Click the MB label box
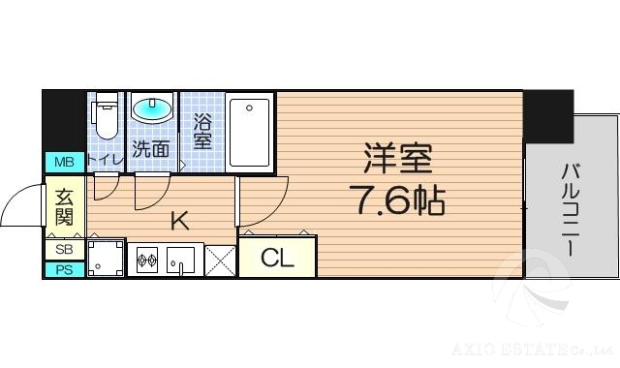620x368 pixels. coord(64,162)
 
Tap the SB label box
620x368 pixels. coord(64,250)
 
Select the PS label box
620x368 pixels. coord(64,269)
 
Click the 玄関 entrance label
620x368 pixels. coord(64,205)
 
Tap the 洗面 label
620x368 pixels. coord(151,149)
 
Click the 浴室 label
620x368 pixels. coord(202,133)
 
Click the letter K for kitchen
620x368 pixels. coord(179,220)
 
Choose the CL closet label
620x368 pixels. coord(277,259)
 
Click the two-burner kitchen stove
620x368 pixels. coord(147,260)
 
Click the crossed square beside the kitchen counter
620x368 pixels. coord(219,260)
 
